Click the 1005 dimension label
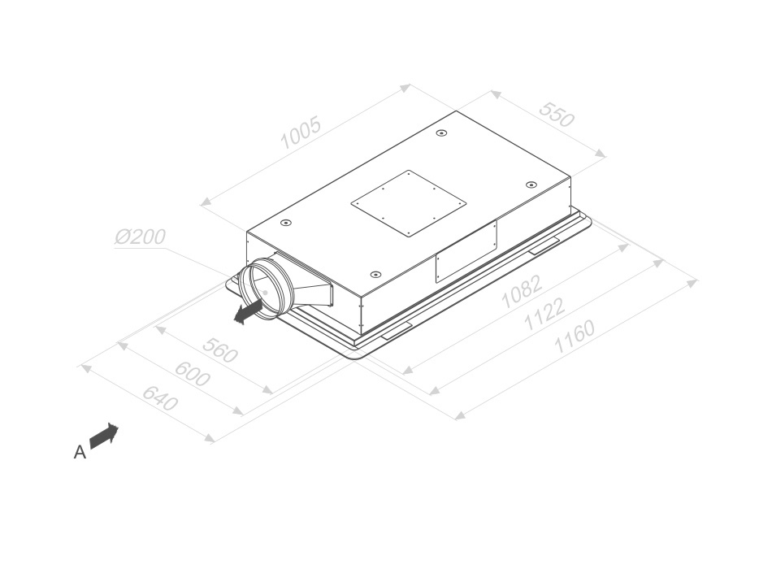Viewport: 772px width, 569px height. (x=301, y=132)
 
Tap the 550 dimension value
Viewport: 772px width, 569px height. (x=557, y=115)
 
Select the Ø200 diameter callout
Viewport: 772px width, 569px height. (x=141, y=237)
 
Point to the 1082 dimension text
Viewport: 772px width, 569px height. (x=522, y=291)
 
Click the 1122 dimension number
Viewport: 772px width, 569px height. (x=544, y=315)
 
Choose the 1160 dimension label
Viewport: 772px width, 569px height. (x=574, y=337)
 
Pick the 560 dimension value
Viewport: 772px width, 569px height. (x=220, y=350)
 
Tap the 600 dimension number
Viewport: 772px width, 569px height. (x=193, y=375)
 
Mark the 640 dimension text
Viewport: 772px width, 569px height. (x=160, y=398)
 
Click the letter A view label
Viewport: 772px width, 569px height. (x=80, y=452)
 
